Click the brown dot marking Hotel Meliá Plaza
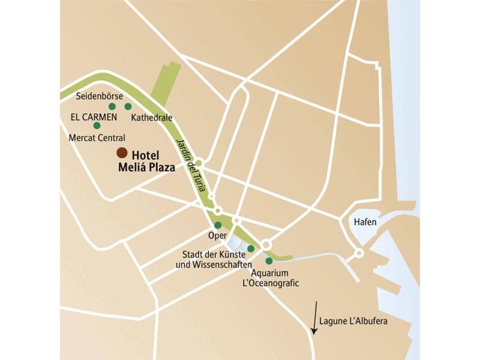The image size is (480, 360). pos(122,152)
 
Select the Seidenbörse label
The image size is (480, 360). pos(100,96)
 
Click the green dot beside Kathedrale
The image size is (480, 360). pos(128,107)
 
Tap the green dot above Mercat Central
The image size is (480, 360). pos(97,125)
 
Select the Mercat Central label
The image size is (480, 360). pos(97,137)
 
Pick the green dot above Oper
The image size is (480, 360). pos(218,225)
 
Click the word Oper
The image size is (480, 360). pos(216,236)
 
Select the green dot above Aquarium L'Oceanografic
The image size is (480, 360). pos(269,261)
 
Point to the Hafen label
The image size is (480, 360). pos(365,222)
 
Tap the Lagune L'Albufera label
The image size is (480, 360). pos(354,322)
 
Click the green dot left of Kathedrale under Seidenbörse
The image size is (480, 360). pos(112,106)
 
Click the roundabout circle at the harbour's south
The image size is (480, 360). pos(359,253)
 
